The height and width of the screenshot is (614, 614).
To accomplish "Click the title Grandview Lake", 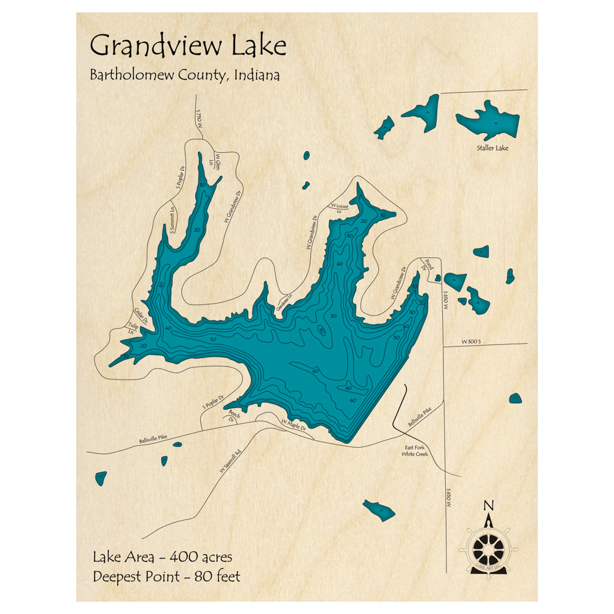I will pyautogui.click(x=188, y=47).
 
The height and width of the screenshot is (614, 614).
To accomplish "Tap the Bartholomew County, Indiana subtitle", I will pyautogui.click(x=185, y=76).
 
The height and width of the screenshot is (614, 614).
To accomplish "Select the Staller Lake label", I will pyautogui.click(x=493, y=148).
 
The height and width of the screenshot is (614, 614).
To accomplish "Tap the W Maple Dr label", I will pyautogui.click(x=293, y=422).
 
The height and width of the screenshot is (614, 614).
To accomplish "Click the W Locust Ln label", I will pyautogui.click(x=340, y=208).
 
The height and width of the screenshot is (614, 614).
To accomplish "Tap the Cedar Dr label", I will pyautogui.click(x=141, y=315).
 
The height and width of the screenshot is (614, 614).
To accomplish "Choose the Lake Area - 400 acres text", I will pyautogui.click(x=162, y=558).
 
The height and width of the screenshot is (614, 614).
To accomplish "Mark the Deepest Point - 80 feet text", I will pyautogui.click(x=166, y=577).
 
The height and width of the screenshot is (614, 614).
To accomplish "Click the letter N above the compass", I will pyautogui.click(x=489, y=506).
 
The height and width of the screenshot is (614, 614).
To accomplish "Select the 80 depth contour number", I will pyautogui.click(x=348, y=389).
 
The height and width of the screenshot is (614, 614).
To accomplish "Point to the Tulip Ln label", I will pyautogui.click(x=132, y=328).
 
